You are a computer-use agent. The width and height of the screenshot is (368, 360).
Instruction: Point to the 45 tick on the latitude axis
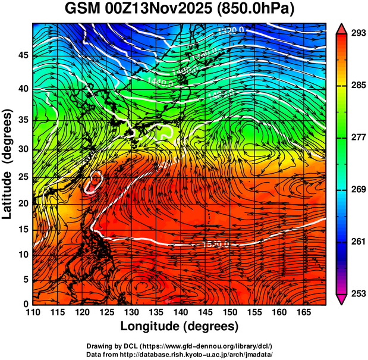(23, 55)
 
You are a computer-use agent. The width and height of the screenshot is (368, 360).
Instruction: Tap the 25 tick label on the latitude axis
(23, 176)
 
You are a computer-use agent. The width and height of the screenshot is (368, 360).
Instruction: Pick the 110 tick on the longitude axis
(33, 312)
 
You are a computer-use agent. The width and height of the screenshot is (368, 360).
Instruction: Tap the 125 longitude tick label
(106, 312)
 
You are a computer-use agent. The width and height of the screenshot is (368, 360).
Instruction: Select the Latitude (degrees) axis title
(8, 164)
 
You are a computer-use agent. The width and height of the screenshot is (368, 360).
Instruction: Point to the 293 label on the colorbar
(357, 33)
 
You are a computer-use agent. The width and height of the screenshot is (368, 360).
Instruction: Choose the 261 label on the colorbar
(357, 242)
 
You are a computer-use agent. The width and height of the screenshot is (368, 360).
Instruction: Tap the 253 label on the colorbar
(357, 293)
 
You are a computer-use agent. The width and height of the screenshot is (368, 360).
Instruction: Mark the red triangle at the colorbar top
(342, 28)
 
